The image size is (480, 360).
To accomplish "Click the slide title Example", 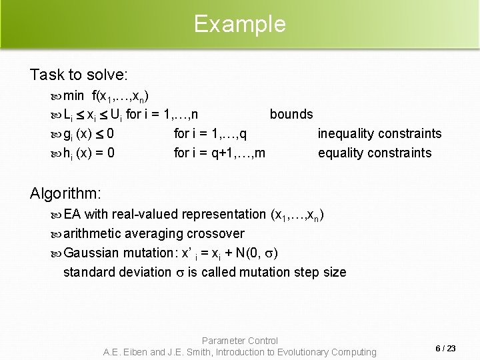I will pos(239,24).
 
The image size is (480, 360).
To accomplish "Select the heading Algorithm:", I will pos(65,193).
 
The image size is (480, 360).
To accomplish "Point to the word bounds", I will pos(291,114).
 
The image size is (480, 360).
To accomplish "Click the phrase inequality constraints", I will pos(379,134).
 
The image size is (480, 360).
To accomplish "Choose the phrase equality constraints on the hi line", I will pos(375,153).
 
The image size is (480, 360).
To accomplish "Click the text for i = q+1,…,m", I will pos(219,153).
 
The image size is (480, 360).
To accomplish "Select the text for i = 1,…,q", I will pos(210,134).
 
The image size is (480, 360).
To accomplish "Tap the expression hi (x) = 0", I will pos(89,153).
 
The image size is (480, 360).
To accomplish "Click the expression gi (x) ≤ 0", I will pos(89,134).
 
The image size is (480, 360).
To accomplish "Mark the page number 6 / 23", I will pos(445,348).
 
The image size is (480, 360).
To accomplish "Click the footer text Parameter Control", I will pos(239,341).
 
